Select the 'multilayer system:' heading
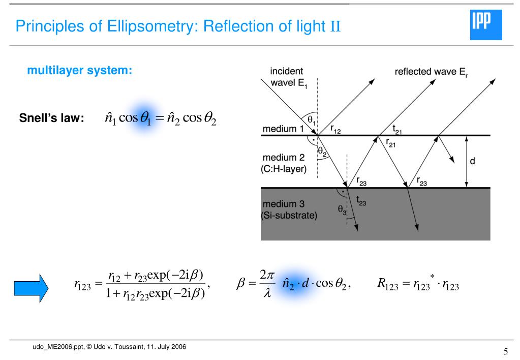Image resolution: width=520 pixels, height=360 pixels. tap(79, 71)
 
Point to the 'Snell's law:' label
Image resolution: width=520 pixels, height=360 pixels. tap(51, 118)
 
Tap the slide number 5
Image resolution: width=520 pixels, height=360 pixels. tap(505, 351)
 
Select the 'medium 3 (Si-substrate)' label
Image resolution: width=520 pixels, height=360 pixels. tap(288, 209)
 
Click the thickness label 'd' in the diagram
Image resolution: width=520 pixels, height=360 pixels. tap(473, 162)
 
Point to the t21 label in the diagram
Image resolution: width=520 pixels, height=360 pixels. tap(397, 131)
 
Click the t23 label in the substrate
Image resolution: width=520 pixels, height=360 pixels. tap(360, 202)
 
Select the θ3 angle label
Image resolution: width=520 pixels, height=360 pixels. tap(342, 208)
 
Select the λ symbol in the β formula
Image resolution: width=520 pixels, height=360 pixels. tap(267, 294)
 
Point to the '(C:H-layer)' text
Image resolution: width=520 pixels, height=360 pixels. tap(284, 169)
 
